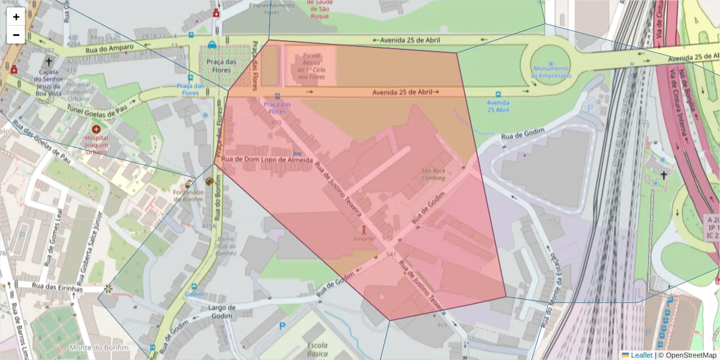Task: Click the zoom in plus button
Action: click(16, 17)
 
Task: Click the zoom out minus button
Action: click(16, 35)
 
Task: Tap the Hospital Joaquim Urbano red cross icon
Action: click(96, 129)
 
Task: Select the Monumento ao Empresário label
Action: click(551, 72)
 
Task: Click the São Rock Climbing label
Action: click(433, 174)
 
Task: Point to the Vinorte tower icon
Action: click(363, 229)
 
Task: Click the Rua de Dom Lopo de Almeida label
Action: click(267, 160)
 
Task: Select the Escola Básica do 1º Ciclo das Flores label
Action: click(311, 66)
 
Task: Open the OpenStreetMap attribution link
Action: click(690, 355)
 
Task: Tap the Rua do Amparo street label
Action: click(109, 50)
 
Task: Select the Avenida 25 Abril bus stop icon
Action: click(497, 94)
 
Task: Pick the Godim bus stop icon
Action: click(194, 287)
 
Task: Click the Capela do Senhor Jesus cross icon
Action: click(49, 61)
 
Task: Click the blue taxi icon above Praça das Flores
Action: click(212, 44)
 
